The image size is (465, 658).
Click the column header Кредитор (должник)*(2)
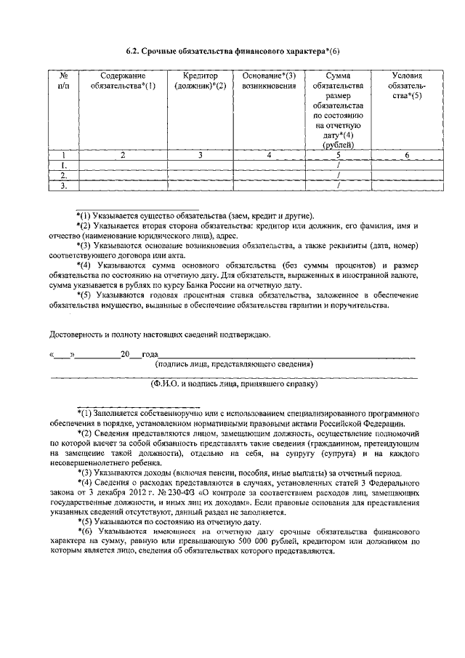click(201, 81)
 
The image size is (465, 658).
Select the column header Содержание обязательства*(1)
click(124, 81)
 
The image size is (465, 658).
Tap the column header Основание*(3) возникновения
click(269, 81)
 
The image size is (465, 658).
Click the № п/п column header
click(63, 81)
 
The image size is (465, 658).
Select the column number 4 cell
click(269, 155)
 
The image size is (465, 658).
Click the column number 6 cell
click(407, 155)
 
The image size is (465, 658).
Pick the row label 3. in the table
click(63, 185)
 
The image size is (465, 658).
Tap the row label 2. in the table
click(63, 175)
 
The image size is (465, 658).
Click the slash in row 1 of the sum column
click(339, 165)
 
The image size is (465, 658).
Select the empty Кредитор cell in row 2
click(201, 175)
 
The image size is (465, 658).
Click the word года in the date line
click(150, 354)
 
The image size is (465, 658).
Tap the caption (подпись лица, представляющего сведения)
click(234, 364)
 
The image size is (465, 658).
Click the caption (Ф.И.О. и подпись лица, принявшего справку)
click(234, 382)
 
